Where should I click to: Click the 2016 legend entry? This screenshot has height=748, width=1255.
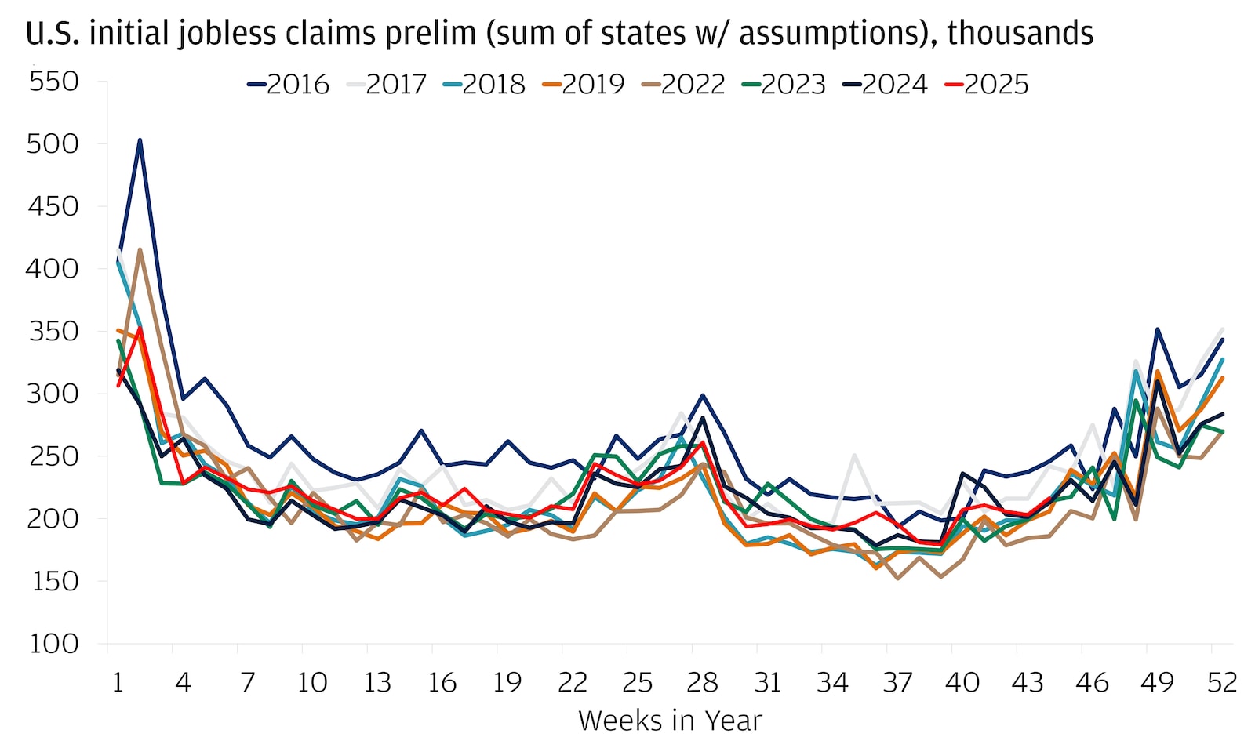tap(289, 84)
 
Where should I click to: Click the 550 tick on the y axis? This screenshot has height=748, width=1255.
tap(53, 81)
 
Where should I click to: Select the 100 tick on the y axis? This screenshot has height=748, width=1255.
tap(53, 644)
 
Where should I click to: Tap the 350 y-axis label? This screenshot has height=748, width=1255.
tap(53, 331)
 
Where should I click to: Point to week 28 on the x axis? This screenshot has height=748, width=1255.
tap(702, 682)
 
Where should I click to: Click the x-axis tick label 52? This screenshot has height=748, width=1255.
tap(1221, 682)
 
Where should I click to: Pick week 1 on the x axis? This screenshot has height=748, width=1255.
tap(118, 682)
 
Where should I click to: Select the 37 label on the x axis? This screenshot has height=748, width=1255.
tap(897, 682)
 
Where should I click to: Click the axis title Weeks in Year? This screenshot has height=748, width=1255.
tap(670, 721)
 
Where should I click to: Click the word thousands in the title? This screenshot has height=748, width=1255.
tap(1020, 33)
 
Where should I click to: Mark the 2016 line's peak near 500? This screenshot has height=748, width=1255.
tap(140, 140)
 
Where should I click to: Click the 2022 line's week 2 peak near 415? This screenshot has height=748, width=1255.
tap(140, 249)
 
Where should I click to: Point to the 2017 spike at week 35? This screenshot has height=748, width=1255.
tap(854, 455)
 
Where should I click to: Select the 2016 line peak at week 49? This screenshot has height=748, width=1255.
tap(1157, 329)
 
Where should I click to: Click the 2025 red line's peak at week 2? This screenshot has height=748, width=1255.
tap(140, 329)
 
